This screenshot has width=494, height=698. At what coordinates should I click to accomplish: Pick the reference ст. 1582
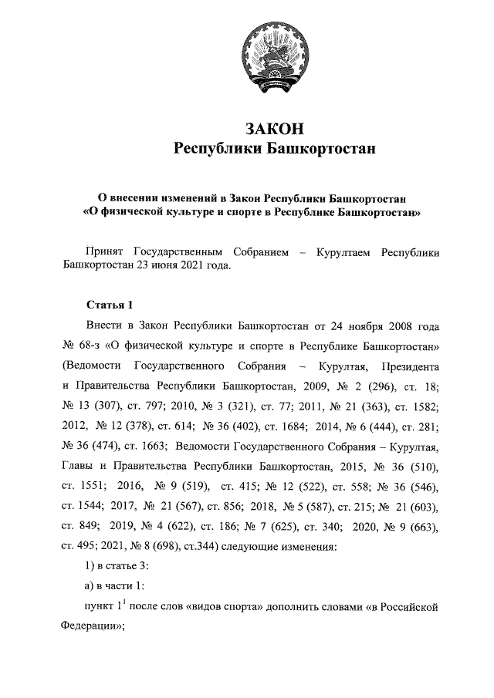[416, 404]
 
